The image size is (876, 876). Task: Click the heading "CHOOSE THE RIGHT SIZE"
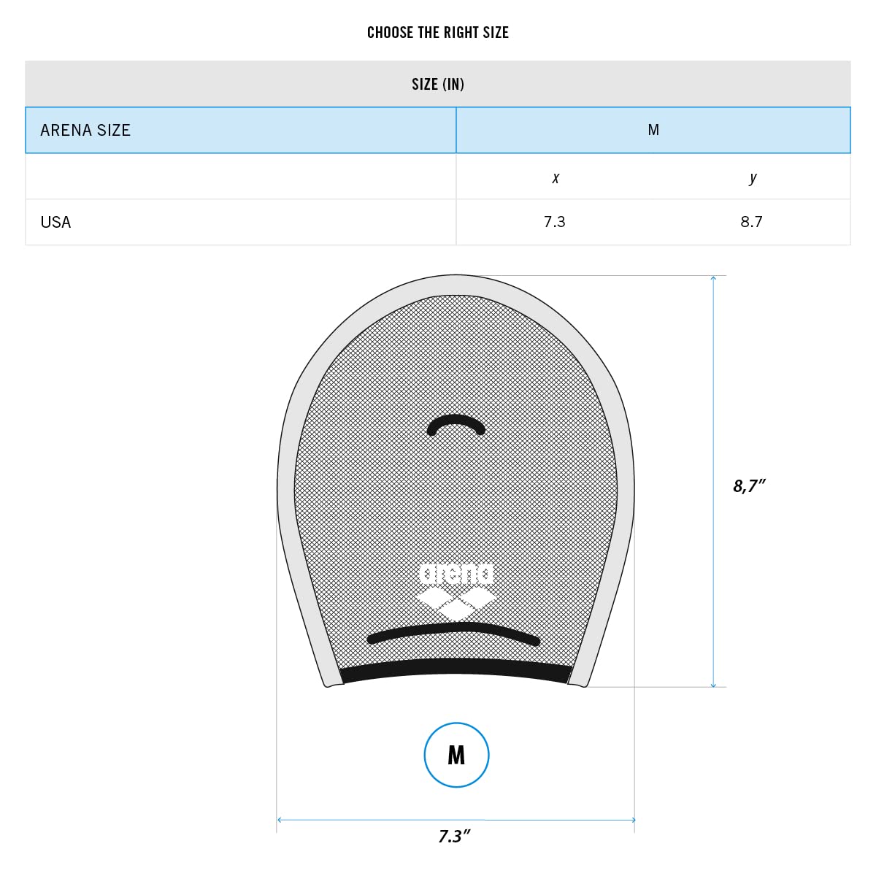click(x=437, y=32)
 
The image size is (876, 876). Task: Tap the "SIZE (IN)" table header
click(x=438, y=84)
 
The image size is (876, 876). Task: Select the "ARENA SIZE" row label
click(x=85, y=131)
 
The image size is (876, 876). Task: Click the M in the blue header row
click(x=653, y=130)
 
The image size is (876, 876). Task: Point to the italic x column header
click(x=555, y=177)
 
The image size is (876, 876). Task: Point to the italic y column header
click(x=753, y=177)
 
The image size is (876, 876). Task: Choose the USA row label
click(x=55, y=223)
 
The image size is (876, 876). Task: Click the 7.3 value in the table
click(x=554, y=222)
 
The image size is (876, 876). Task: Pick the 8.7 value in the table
click(x=751, y=222)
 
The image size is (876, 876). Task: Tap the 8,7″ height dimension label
click(x=749, y=486)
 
